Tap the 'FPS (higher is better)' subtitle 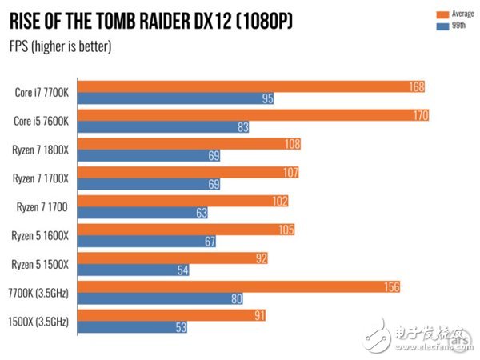coord(60,46)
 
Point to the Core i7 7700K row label coord(42,92)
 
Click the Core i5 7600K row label coord(42,121)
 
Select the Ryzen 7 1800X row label coord(42,150)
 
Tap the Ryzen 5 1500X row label coord(42,264)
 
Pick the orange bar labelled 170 coord(240,115)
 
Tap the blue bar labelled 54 coord(128,270)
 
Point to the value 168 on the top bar coord(415,86)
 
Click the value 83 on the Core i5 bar coord(242,127)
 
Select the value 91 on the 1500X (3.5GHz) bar coord(259,315)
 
